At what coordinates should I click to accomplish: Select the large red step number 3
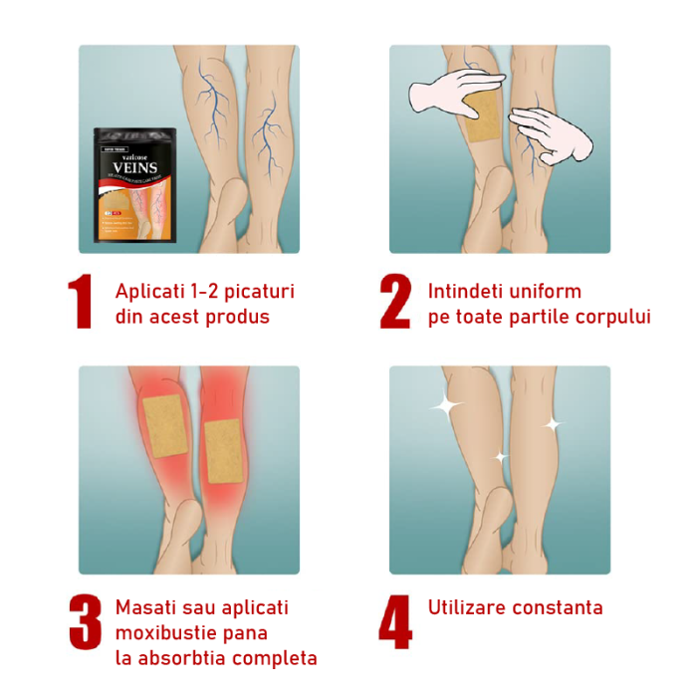[x=85, y=624]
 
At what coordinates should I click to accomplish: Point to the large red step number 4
[x=395, y=624]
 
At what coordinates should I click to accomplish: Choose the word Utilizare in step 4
[x=467, y=607]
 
